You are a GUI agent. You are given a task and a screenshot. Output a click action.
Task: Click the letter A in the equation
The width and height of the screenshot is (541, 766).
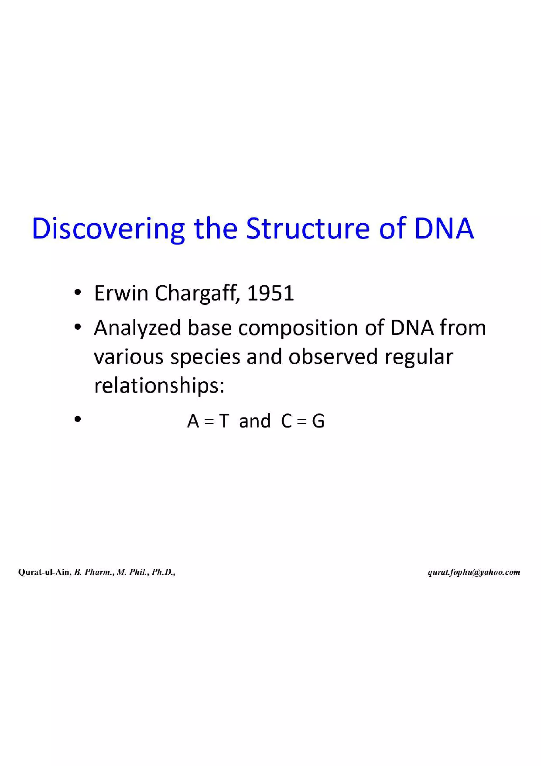pyautogui.click(x=193, y=421)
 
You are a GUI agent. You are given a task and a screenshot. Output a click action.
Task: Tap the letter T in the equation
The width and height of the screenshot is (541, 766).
pyautogui.click(x=223, y=421)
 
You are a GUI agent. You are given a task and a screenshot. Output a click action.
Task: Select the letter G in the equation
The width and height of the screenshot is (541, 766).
pyautogui.click(x=318, y=421)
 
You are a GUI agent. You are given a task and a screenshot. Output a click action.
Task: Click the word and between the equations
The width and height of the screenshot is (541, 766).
pyautogui.click(x=255, y=421)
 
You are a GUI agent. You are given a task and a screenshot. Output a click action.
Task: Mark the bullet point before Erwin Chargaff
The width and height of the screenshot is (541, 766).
pyautogui.click(x=78, y=294)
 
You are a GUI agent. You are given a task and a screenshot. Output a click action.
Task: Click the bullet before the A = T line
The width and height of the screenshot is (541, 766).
pyautogui.click(x=78, y=419)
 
